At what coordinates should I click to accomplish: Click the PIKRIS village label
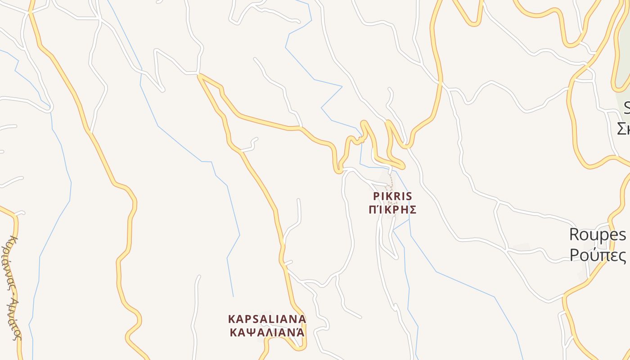(x=392, y=197)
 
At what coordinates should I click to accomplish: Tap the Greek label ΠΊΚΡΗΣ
(x=392, y=210)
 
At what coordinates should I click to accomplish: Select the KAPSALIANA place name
(x=267, y=319)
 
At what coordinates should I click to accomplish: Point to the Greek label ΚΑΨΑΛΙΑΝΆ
(x=267, y=333)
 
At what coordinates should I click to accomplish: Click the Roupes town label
(x=598, y=234)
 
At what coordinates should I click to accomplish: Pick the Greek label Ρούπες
(x=598, y=255)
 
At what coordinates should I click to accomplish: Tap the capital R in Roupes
(x=575, y=234)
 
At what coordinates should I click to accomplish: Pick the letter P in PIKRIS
(x=376, y=197)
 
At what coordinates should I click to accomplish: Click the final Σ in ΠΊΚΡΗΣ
(x=413, y=210)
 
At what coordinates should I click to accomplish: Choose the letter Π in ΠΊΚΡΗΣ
(x=373, y=210)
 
